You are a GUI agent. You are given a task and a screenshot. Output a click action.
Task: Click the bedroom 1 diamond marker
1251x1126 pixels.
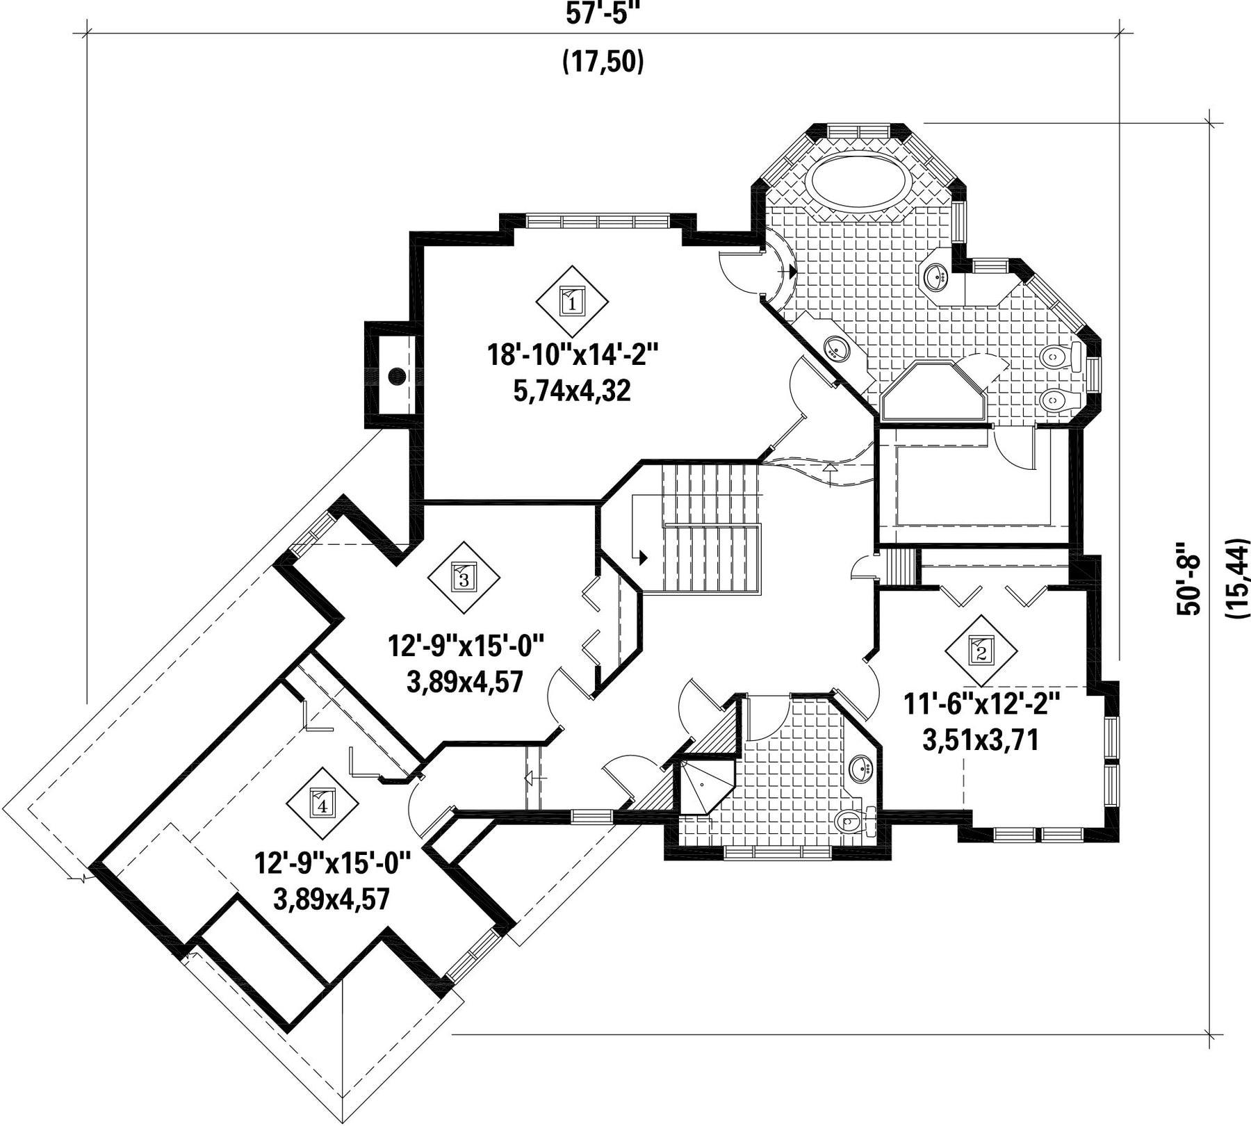click(x=572, y=302)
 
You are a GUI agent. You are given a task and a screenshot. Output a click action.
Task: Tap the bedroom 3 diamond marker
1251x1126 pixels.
click(x=464, y=577)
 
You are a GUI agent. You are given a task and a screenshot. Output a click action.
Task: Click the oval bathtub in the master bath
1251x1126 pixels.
click(x=858, y=180)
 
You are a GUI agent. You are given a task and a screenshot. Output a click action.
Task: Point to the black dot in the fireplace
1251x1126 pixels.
click(x=397, y=377)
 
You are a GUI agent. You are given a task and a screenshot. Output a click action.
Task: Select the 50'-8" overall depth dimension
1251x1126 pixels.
click(x=1189, y=578)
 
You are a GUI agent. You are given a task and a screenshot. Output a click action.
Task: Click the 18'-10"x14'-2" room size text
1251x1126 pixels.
click(x=571, y=356)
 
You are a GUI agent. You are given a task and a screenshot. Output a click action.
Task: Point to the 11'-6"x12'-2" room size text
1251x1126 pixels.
click(x=981, y=704)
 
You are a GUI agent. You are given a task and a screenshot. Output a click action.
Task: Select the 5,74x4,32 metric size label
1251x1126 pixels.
click(x=572, y=391)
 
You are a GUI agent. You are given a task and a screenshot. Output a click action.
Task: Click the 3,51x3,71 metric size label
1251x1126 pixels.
click(x=981, y=740)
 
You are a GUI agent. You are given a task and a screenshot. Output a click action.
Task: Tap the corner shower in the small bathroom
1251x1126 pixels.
click(x=705, y=785)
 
